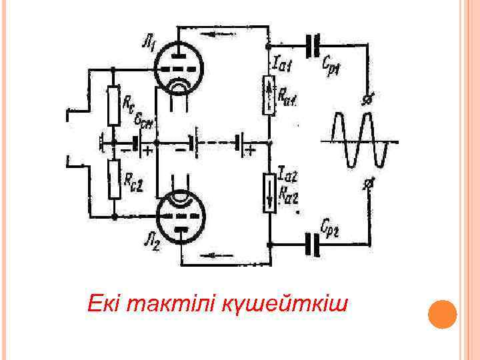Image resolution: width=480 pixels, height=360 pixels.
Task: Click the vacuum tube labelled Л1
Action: click(179, 68)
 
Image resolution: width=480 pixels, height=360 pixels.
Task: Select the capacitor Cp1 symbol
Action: click(312, 45)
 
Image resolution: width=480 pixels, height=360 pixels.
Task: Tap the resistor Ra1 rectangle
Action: click(268, 94)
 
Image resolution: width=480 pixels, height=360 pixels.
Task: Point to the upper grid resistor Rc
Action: click(114, 105)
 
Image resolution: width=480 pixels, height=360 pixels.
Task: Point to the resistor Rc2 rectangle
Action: click(114, 179)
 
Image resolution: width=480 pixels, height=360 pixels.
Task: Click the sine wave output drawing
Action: click(360, 141)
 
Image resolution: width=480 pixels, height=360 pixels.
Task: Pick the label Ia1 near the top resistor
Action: click(280, 64)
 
